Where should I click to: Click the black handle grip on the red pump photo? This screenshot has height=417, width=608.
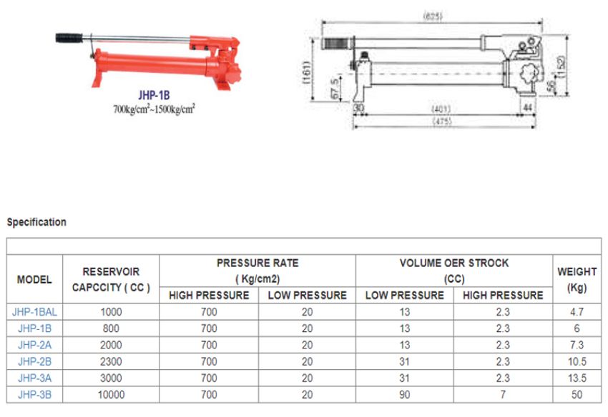click(x=70, y=36)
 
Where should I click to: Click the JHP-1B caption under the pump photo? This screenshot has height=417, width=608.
click(x=154, y=94)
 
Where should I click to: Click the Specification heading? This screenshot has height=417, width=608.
click(x=36, y=222)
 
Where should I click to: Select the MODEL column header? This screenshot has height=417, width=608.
click(x=34, y=279)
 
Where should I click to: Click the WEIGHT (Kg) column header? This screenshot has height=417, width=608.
click(x=577, y=279)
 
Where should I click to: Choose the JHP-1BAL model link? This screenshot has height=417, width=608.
click(x=34, y=311)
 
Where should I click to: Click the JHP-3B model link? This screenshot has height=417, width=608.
click(x=34, y=393)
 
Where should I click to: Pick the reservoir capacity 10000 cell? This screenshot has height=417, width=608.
click(x=111, y=393)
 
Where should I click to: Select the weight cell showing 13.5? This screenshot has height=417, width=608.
click(x=577, y=377)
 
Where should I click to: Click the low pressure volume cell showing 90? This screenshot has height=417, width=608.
click(x=405, y=393)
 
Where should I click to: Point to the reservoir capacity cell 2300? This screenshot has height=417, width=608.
click(x=111, y=361)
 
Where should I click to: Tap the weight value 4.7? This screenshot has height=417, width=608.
click(x=577, y=311)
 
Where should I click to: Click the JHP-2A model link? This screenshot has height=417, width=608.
click(x=34, y=344)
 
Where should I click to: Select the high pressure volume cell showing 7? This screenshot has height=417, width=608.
click(x=503, y=393)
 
